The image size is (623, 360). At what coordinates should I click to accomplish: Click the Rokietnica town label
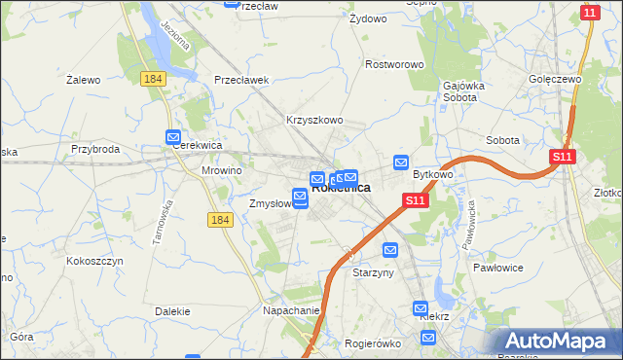341,188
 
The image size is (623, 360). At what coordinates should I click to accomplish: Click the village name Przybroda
94,149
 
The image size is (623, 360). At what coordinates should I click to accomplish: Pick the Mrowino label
221,169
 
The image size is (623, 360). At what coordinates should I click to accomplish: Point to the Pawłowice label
498,267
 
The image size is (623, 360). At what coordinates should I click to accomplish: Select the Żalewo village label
84,80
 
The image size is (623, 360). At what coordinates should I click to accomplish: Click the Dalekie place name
171,311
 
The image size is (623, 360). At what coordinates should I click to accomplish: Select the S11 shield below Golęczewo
562,156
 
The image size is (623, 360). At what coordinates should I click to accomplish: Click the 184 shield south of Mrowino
220,221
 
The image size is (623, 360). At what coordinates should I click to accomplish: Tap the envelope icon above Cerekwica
173,137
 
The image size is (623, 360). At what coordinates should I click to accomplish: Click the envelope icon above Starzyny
390,250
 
